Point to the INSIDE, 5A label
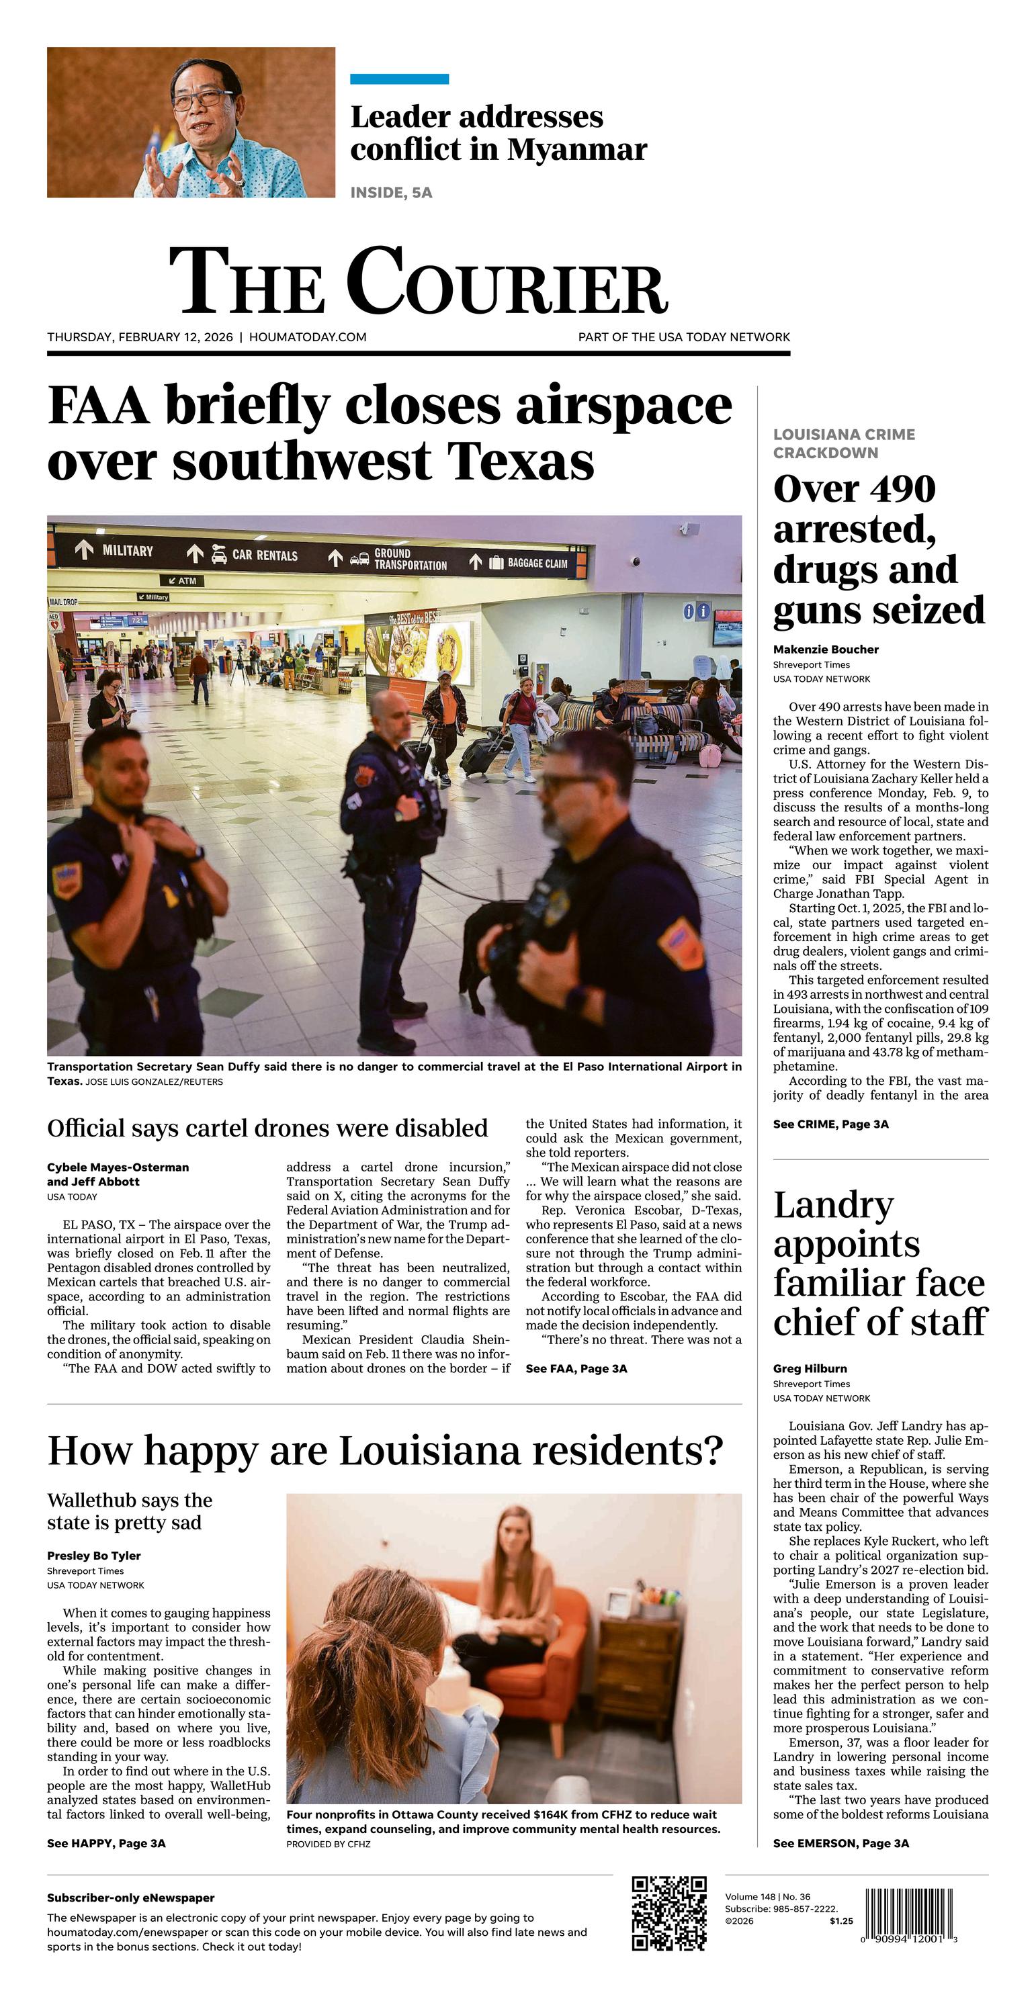[391, 193]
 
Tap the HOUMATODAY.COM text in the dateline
[308, 337]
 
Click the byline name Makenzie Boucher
[826, 650]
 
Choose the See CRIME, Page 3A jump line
[830, 1124]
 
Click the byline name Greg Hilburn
[810, 1369]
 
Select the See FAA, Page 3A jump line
[576, 1369]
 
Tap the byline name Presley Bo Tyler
[93, 1555]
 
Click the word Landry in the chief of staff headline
[833, 1206]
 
